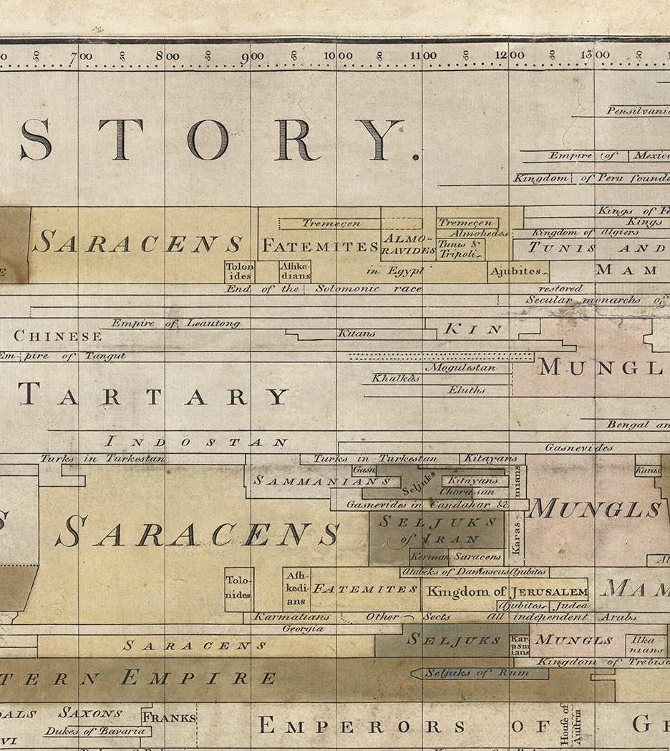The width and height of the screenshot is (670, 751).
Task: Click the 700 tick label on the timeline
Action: [x=85, y=55]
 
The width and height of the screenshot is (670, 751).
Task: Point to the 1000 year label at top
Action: [x=336, y=55]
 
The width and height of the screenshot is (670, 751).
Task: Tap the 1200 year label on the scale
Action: [x=509, y=55]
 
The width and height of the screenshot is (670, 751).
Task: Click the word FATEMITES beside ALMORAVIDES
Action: [x=320, y=247]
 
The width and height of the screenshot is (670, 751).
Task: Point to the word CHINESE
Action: [x=58, y=336]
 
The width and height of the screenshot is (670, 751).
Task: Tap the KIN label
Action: [x=474, y=329]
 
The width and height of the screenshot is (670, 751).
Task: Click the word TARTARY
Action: [x=154, y=395]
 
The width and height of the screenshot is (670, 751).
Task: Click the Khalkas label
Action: [x=396, y=378]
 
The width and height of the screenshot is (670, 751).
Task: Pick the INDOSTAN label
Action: [x=197, y=442]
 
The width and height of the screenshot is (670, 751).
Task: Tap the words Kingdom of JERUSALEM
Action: [x=507, y=592]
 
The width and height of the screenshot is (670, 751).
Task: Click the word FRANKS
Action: [x=169, y=717]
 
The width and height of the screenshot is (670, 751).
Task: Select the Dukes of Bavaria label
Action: [x=97, y=732]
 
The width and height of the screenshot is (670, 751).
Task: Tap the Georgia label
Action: [x=303, y=629]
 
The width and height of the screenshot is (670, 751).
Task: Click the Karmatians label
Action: [x=292, y=616]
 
